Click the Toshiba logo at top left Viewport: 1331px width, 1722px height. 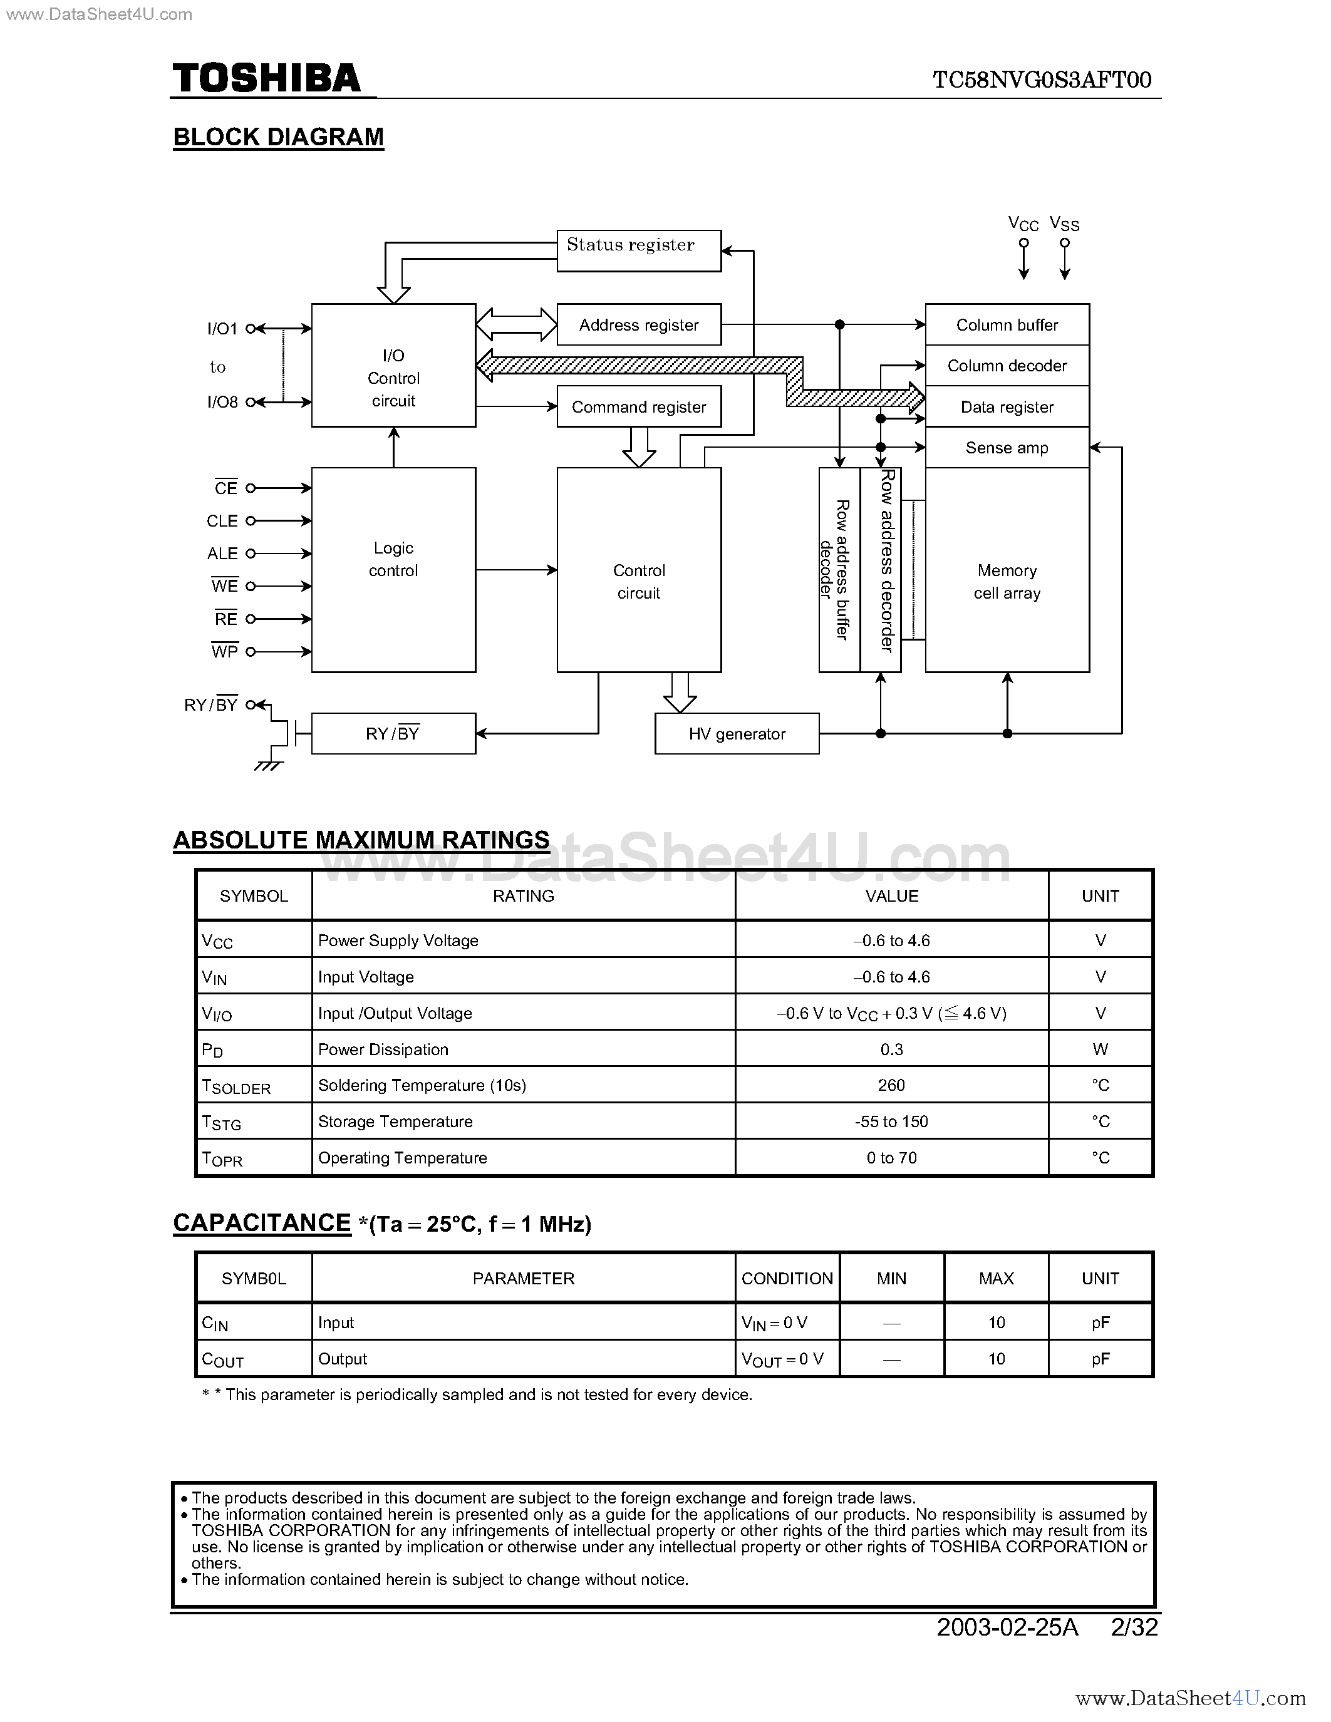[x=267, y=79]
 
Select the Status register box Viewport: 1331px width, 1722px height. [x=639, y=250]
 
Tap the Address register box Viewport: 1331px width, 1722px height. [x=639, y=325]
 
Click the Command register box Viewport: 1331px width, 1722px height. [x=639, y=407]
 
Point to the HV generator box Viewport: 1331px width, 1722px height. [x=737, y=734]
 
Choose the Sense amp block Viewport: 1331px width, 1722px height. [x=1007, y=448]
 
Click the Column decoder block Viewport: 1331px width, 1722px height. [x=1007, y=366]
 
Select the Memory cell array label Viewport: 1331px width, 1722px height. [x=1007, y=581]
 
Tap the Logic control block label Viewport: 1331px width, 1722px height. [x=393, y=559]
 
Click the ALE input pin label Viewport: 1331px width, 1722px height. [x=222, y=554]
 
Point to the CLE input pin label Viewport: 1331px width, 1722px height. [x=222, y=521]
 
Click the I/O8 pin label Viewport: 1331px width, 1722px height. [x=222, y=402]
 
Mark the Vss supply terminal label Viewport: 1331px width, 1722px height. [x=1064, y=225]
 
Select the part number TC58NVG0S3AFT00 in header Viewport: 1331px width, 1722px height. [x=1042, y=80]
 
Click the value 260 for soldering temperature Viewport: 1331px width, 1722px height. [x=891, y=1085]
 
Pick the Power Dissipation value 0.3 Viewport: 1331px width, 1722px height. [x=891, y=1049]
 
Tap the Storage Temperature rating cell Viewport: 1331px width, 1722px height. [x=395, y=1121]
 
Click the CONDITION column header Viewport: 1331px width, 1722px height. [x=787, y=1278]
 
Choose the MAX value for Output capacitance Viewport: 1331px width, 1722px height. [x=997, y=1359]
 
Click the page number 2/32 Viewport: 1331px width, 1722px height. [x=1134, y=1627]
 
